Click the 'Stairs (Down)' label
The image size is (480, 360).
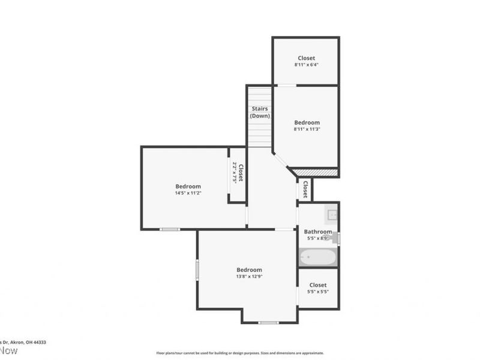coord(260,112)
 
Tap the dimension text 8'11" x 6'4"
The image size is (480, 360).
coord(306,64)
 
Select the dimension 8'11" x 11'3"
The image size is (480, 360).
coord(307,129)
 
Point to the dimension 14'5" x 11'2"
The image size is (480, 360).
coord(188,193)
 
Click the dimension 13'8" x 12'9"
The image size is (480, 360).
coord(248,277)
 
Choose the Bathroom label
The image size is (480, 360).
coord(317,232)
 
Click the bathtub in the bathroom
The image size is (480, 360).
coord(318,257)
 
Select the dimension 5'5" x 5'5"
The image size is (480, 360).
coord(317,292)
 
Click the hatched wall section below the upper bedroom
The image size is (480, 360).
coord(319,172)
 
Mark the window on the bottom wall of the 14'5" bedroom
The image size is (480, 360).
coord(170,229)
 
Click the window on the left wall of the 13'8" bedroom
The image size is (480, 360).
coord(197,268)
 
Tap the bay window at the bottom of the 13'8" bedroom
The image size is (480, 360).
coord(268,323)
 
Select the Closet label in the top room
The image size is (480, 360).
coord(306,58)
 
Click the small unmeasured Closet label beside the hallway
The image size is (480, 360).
coord(305,190)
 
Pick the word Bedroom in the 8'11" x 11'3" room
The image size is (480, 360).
coord(307,122)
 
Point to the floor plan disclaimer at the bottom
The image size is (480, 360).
coord(240,353)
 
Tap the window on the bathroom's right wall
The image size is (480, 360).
coord(339,238)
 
